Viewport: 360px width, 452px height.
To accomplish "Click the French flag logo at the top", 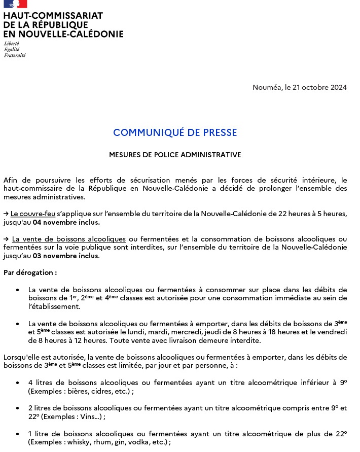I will coord(15,4).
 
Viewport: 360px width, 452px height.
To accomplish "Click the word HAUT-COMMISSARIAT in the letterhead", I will coord(53,16).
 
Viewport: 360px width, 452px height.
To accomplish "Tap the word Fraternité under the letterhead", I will coord(15,55).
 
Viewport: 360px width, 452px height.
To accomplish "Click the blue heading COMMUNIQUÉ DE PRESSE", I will coord(175,133).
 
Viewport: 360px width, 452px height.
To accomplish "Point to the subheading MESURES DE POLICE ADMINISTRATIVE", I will coord(175,155).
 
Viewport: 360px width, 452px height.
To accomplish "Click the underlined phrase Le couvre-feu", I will coord(33,214).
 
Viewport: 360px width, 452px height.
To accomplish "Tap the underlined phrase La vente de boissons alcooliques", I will coord(69,239).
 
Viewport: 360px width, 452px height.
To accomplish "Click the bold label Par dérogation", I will coord(30,272).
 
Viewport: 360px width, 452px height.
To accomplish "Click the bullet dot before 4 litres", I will coord(18,383).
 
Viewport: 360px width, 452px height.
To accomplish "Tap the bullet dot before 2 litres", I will coord(18,408).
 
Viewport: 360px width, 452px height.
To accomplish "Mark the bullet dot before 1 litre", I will coord(18,434).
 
